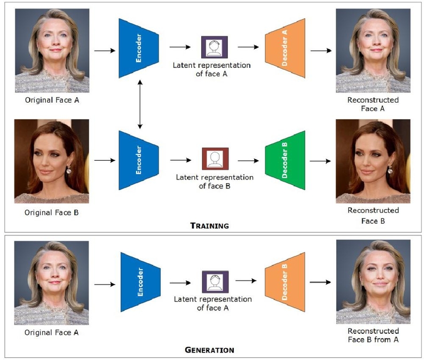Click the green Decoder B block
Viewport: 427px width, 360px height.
(285, 160)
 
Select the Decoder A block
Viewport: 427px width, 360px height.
(285, 48)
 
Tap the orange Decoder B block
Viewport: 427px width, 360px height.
(285, 282)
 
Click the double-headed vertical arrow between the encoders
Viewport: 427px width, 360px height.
(140, 104)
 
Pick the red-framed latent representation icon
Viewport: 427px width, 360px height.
(215, 159)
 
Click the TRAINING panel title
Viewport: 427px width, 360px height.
(209, 225)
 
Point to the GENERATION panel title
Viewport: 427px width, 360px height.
(209, 350)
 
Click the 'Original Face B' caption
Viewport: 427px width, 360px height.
(51, 213)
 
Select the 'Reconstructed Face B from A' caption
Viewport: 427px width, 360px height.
(373, 335)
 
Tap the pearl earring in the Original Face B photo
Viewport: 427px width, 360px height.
(69, 170)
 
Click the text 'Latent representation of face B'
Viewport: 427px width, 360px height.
(215, 182)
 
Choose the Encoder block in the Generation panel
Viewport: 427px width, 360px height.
(140, 282)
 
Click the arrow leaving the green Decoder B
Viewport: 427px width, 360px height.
(320, 161)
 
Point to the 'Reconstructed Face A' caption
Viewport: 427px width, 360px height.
(373, 104)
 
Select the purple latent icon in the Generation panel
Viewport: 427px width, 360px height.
(215, 282)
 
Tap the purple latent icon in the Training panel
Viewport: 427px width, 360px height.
(215, 47)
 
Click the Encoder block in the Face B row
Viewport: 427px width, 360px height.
(139, 160)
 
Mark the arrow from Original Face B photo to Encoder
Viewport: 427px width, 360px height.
(105, 160)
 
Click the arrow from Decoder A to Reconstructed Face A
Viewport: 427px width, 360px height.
(321, 50)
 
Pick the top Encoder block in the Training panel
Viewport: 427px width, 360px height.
(139, 48)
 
